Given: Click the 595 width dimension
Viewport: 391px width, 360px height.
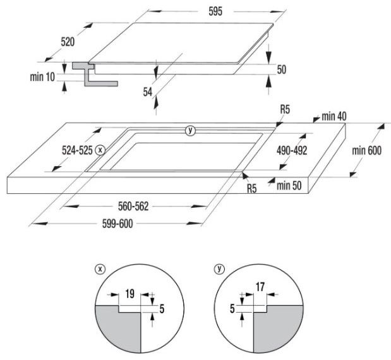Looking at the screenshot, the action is click(215, 12).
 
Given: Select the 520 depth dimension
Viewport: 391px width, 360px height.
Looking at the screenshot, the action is click(68, 42).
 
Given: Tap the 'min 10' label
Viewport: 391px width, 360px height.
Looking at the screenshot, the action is click(42, 77).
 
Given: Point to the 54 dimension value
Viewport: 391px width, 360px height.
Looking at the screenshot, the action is click(147, 92).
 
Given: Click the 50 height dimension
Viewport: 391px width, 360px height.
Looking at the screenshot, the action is click(282, 69).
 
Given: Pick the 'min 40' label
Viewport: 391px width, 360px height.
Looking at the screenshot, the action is click(334, 116).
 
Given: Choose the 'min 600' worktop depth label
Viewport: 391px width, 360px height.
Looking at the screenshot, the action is click(366, 150).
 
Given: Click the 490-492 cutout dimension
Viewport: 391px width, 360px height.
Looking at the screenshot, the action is click(292, 150).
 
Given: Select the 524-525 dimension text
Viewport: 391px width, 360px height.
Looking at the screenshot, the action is click(77, 150).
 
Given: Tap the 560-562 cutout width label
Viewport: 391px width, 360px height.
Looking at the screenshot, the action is click(133, 207).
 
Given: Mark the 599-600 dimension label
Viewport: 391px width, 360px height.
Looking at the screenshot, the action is click(117, 224).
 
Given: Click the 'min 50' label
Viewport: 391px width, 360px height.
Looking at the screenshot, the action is click(289, 186).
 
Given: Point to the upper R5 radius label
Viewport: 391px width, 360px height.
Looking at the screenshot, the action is click(285, 109).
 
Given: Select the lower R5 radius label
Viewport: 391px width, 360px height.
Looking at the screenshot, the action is click(251, 188).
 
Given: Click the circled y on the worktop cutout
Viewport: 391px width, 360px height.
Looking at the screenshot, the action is click(191, 130).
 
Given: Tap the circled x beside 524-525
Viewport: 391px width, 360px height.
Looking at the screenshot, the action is click(100, 150).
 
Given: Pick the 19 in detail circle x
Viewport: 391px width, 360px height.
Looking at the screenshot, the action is click(129, 294).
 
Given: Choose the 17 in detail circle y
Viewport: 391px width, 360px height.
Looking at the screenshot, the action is click(260, 287).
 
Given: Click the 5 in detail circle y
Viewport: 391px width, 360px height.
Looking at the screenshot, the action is click(232, 309).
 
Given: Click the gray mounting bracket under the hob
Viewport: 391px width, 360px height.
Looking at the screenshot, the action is click(95, 75).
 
